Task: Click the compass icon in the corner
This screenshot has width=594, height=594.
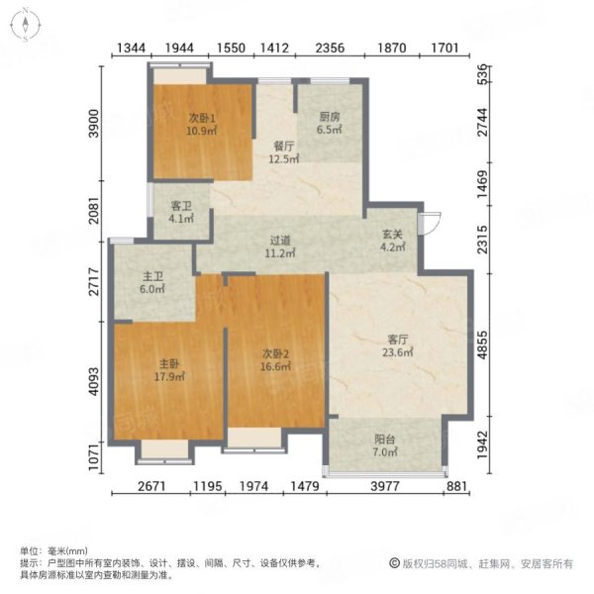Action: tap(25, 25)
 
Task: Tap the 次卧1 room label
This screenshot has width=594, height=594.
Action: tap(202, 125)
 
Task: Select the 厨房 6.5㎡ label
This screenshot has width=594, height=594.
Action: tap(330, 123)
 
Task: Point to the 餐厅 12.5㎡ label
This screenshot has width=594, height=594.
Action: tap(284, 152)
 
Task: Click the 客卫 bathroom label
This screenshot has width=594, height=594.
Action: tap(181, 212)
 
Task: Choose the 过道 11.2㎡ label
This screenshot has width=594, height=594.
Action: tap(280, 247)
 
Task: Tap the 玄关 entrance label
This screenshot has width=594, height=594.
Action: tap(392, 241)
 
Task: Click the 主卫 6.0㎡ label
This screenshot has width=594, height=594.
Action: tap(152, 282)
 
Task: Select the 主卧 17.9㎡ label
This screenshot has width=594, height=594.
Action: tap(169, 370)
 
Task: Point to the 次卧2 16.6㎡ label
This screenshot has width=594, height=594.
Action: tap(276, 360)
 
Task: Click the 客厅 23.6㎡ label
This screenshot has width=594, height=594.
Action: tap(397, 346)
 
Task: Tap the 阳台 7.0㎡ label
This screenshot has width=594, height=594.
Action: tap(385, 445)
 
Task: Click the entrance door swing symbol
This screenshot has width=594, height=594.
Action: tap(430, 223)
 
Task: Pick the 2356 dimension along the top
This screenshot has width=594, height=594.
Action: tap(330, 49)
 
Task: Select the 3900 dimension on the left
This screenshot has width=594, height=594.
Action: tap(94, 124)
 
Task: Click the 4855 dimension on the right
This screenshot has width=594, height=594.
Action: tap(482, 345)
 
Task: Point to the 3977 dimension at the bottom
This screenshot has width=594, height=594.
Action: tap(385, 486)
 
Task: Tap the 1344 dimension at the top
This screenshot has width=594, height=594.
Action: tap(131, 49)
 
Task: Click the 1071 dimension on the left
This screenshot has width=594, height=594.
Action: tap(94, 457)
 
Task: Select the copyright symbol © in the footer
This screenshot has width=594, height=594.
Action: tap(395, 563)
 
